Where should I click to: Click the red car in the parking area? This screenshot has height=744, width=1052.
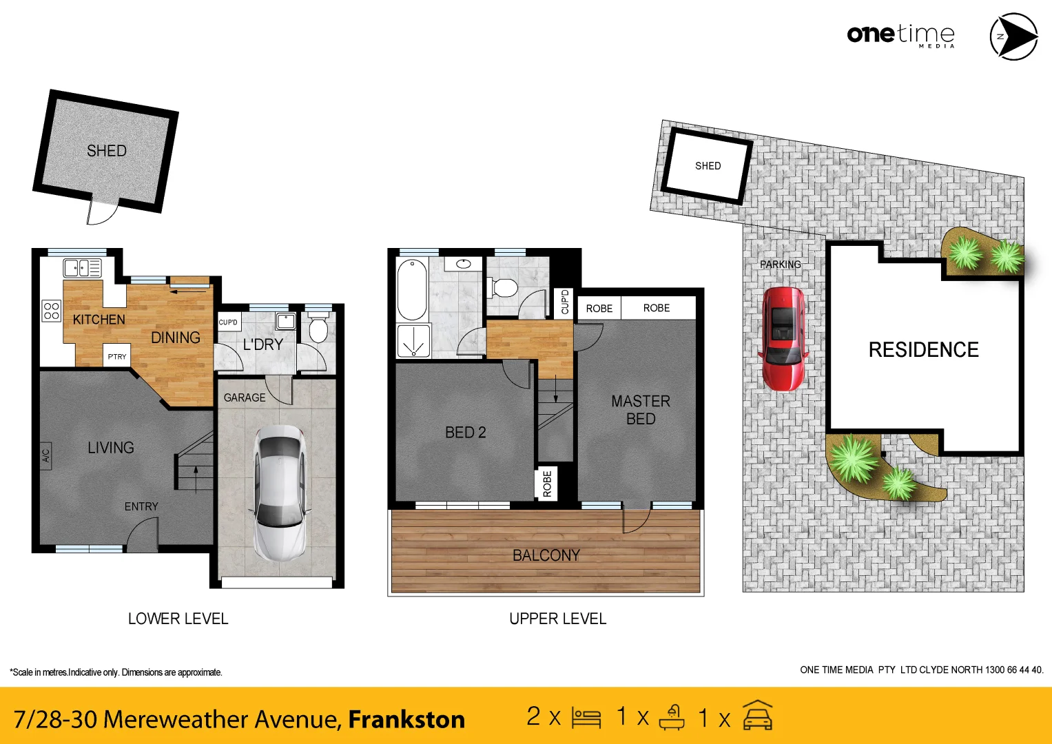[783, 339]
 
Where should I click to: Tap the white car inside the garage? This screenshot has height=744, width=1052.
[279, 492]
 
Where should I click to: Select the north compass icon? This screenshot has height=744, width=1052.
[1013, 37]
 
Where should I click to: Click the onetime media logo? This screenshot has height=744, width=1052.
[900, 34]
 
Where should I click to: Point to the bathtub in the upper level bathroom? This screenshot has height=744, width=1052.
[412, 289]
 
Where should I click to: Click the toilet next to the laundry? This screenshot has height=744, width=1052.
[318, 329]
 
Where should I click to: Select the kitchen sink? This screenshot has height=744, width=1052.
[82, 267]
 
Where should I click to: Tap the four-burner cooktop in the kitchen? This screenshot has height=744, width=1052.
[52, 311]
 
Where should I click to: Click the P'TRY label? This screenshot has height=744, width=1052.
[117, 357]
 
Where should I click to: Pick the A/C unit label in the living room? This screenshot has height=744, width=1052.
[46, 456]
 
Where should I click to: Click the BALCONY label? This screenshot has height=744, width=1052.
[546, 555]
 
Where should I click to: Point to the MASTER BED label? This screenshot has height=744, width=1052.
[640, 410]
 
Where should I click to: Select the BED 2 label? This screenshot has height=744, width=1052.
[465, 433]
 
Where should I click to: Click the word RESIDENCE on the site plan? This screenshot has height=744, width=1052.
[923, 350]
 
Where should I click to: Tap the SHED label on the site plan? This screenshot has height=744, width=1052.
[708, 166]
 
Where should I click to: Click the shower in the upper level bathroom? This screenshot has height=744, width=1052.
[413, 341]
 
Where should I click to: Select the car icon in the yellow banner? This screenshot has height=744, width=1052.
[758, 716]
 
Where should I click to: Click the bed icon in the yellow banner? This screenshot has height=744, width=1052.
[586, 718]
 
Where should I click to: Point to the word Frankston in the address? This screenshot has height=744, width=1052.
[406, 719]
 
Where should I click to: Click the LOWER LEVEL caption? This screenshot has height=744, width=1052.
[178, 619]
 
